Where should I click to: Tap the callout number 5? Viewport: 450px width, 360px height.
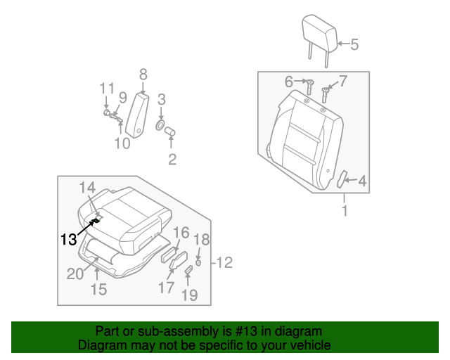354,45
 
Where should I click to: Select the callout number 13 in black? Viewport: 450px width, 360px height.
68,239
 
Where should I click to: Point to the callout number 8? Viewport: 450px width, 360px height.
143,74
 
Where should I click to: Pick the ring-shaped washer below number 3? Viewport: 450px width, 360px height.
160,127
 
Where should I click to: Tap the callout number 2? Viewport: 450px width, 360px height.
172,160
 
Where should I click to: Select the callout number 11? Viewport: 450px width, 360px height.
106,88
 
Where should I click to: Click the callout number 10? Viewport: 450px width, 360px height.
122,144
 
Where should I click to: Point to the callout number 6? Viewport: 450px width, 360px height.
288,82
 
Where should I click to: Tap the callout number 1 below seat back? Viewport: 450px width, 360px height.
345,210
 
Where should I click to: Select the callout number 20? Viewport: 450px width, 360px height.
75,274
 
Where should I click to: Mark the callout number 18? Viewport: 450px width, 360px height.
201,239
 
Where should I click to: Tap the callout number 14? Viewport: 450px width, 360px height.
87,187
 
